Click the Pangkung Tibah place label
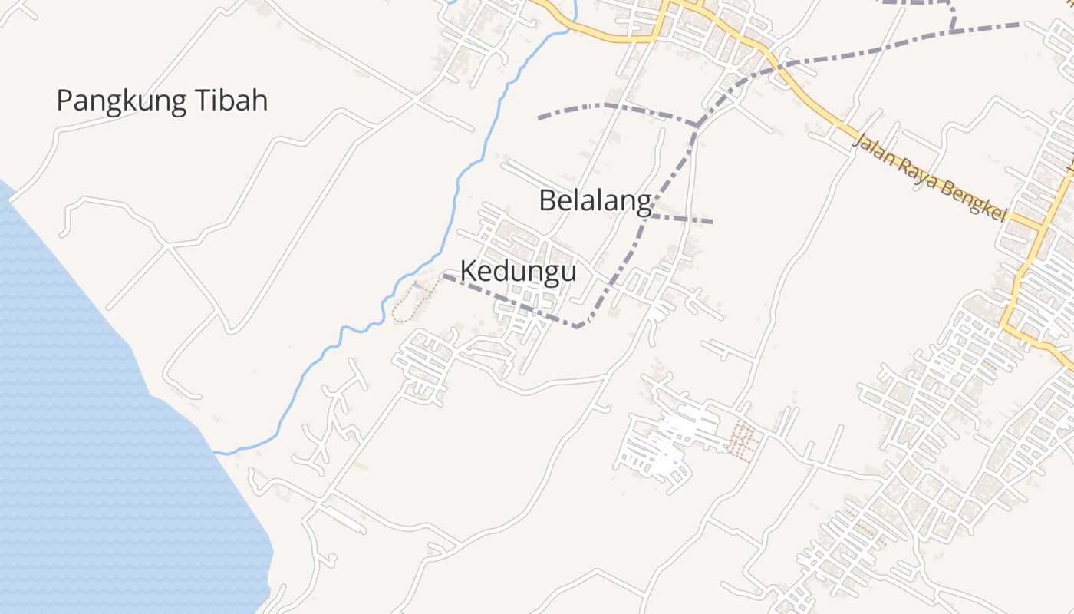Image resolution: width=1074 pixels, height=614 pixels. click(x=162, y=101)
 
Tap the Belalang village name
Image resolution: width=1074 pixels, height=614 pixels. click(x=595, y=201)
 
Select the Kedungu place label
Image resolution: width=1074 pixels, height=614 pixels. click(x=518, y=271)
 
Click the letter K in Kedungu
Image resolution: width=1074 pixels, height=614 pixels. click(x=468, y=271)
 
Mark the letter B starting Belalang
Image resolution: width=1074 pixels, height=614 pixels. click(x=547, y=201)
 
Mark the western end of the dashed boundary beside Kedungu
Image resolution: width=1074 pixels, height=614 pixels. click(x=444, y=276)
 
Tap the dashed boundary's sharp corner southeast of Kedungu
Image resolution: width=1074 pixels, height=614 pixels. click(x=579, y=326)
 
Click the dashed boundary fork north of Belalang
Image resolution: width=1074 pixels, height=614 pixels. click(x=697, y=124)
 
